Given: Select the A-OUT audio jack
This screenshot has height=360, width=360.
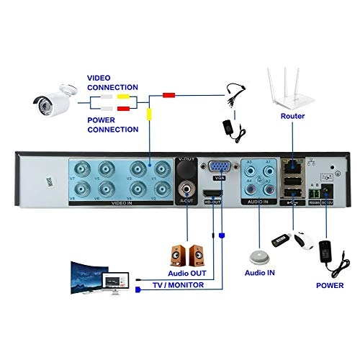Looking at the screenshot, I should (x=187, y=192).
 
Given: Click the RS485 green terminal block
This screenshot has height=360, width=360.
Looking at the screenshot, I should (x=313, y=193).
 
